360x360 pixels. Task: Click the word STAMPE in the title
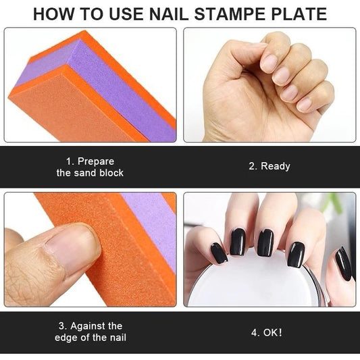(231, 14)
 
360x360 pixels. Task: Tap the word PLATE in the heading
(299, 14)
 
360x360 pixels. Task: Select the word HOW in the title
(54, 14)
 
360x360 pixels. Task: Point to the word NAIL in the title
(170, 14)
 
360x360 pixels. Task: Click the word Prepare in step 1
(96, 161)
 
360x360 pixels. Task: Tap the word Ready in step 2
(276, 166)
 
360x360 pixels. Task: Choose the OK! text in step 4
(272, 332)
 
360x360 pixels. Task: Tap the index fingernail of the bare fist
(269, 63)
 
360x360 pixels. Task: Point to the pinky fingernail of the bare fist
(305, 105)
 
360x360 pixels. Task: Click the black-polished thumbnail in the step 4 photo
(343, 264)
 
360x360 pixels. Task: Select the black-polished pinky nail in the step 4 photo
(219, 253)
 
